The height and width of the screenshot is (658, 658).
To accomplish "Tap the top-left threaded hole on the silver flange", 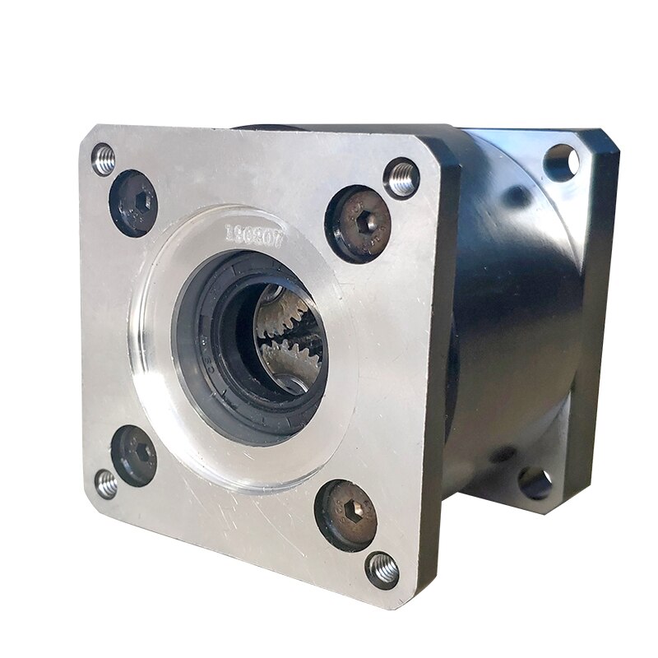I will pos(104,160).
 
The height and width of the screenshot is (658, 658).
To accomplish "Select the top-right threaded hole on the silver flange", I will pos(401,178).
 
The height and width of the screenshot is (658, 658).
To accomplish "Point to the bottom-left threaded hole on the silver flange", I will pos(106,484).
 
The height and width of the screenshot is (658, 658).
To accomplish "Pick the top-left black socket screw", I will pos(133,202).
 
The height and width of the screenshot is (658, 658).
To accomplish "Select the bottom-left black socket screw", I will pos(134,455).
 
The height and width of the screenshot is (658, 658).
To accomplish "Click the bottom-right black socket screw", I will pos(346,515).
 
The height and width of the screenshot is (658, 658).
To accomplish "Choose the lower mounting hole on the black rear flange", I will pos(535,483).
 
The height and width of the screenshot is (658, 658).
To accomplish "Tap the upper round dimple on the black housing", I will pos(517,196).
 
